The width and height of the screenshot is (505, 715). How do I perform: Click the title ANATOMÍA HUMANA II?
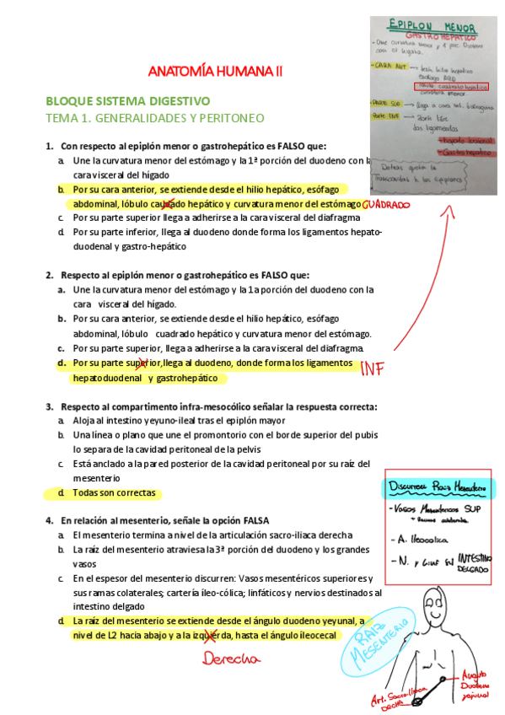(216, 73)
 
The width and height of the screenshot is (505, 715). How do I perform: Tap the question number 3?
(49, 406)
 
